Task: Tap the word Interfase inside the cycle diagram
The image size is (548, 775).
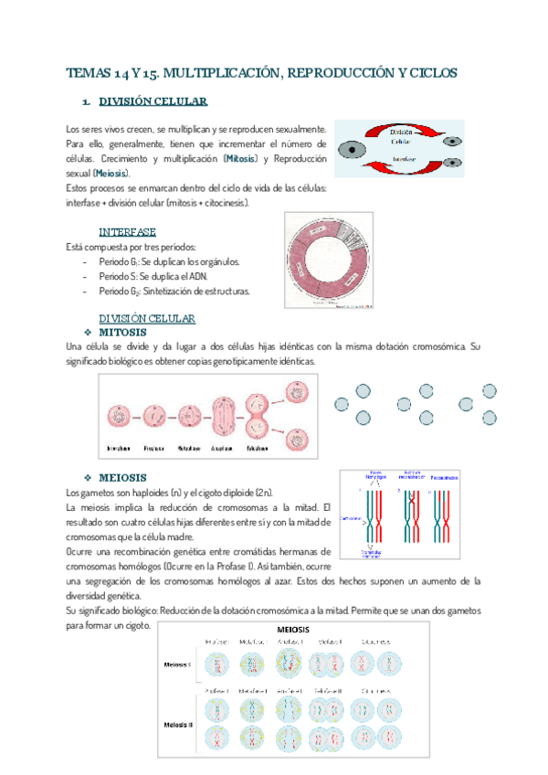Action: click(x=404, y=157)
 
